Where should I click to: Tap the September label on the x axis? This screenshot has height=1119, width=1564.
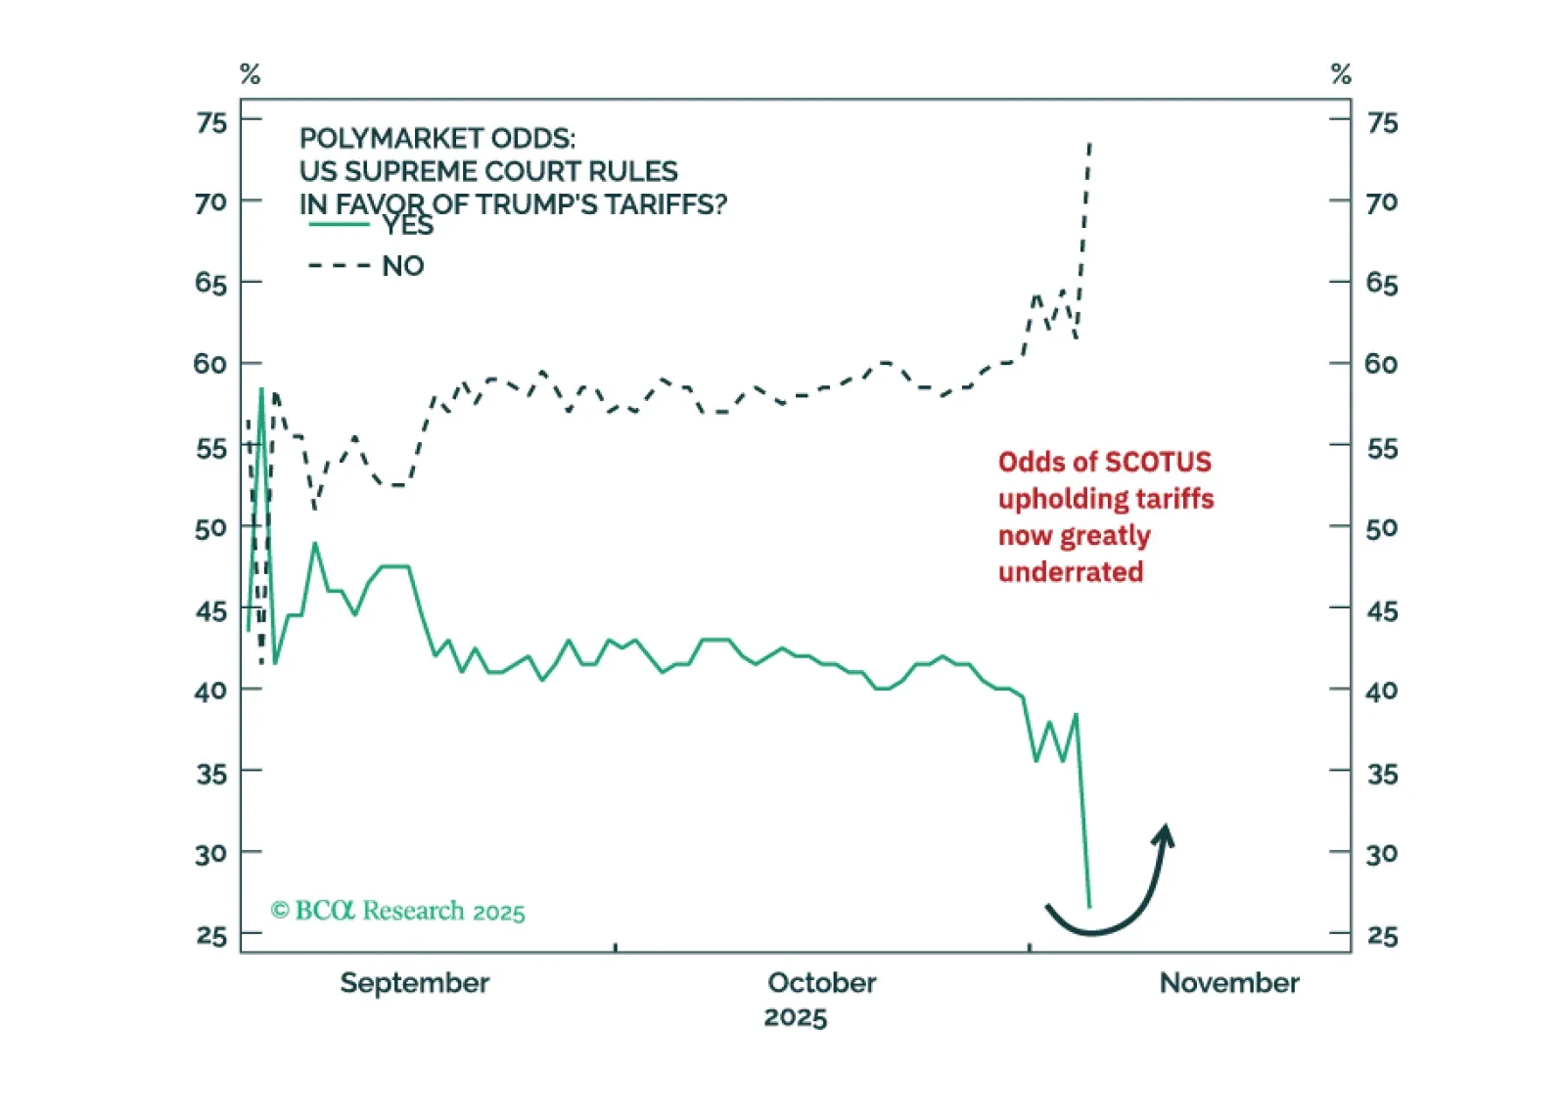(x=414, y=982)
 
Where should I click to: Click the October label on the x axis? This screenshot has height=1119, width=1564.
(x=821, y=982)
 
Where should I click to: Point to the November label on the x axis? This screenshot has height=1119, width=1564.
(x=1228, y=982)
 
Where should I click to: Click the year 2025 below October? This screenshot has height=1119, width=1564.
(x=795, y=1017)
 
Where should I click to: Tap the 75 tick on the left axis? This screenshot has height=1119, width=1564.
(x=211, y=122)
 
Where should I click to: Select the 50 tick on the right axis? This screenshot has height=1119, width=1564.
(x=1381, y=529)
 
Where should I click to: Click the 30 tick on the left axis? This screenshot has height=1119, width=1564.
(x=211, y=854)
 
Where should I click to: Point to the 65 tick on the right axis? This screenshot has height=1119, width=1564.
(x=1381, y=284)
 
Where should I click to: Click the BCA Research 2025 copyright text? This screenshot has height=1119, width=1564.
(x=397, y=911)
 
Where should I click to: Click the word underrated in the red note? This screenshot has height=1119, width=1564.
(x=1070, y=572)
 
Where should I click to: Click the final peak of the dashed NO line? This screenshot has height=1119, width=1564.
(x=1089, y=144)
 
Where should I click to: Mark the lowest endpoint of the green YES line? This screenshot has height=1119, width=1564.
(x=1089, y=907)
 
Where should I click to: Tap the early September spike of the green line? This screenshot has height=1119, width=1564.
(x=261, y=389)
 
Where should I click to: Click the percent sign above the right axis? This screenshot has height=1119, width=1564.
(x=1341, y=74)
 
